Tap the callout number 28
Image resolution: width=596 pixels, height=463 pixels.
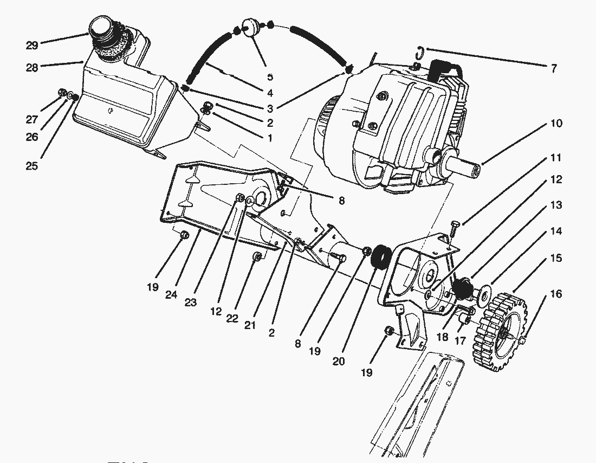click(33, 67)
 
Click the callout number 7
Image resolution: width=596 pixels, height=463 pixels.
click(553, 68)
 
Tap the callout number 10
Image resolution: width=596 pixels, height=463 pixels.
click(556, 123)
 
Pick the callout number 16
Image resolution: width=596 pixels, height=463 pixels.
click(556, 294)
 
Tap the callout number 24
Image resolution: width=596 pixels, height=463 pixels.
click(171, 294)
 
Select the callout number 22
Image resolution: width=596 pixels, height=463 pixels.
click(232, 318)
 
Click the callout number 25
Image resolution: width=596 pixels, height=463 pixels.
click(32, 166)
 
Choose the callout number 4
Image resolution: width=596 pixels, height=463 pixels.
click(269, 93)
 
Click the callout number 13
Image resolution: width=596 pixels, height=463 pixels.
click(556, 205)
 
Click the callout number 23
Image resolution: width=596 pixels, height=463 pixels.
click(190, 303)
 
